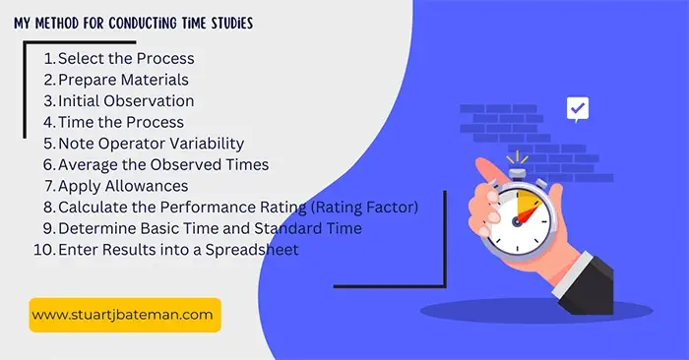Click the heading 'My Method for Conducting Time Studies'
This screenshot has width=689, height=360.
133,23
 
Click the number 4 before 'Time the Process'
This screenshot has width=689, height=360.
48,122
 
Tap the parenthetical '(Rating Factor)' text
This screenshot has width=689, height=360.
364,207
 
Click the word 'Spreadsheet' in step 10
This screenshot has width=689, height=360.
252,250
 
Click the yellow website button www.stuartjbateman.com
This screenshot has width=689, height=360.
125,315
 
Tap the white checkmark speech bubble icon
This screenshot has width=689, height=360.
578,109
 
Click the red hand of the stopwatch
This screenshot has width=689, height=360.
528,214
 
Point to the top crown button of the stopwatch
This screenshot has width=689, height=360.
518,173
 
